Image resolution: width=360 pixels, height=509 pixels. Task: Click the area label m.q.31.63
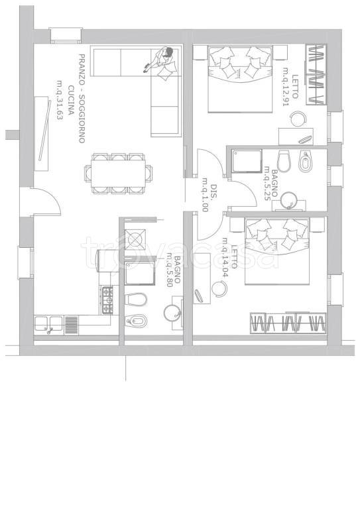pyautogui.click(x=60, y=100)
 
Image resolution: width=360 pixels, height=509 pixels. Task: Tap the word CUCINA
pyautogui.click(x=70, y=101)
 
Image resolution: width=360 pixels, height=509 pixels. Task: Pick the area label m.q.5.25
pyautogui.click(x=267, y=184)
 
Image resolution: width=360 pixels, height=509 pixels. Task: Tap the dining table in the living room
pyautogui.click(x=118, y=174)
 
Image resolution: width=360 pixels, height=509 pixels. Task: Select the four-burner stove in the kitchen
pyautogui.click(x=108, y=300)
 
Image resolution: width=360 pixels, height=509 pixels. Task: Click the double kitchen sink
pyautogui.click(x=48, y=323)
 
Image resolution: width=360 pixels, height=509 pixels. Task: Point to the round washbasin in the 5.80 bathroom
pyautogui.click(x=172, y=312)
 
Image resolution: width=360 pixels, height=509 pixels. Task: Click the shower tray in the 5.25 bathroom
pyautogui.click(x=247, y=161)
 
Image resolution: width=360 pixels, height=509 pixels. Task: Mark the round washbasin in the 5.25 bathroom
pyautogui.click(x=289, y=200)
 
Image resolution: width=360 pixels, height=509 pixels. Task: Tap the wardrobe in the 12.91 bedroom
pyautogui.click(x=316, y=75)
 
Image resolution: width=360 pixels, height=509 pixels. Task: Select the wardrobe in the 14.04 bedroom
pyautogui.click(x=288, y=323)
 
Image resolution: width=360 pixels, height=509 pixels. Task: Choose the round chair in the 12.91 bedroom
pyautogui.click(x=298, y=119)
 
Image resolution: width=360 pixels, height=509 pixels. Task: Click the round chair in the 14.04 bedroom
pyautogui.click(x=219, y=288)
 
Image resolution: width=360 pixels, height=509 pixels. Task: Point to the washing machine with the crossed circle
pyautogui.click(x=135, y=239)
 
